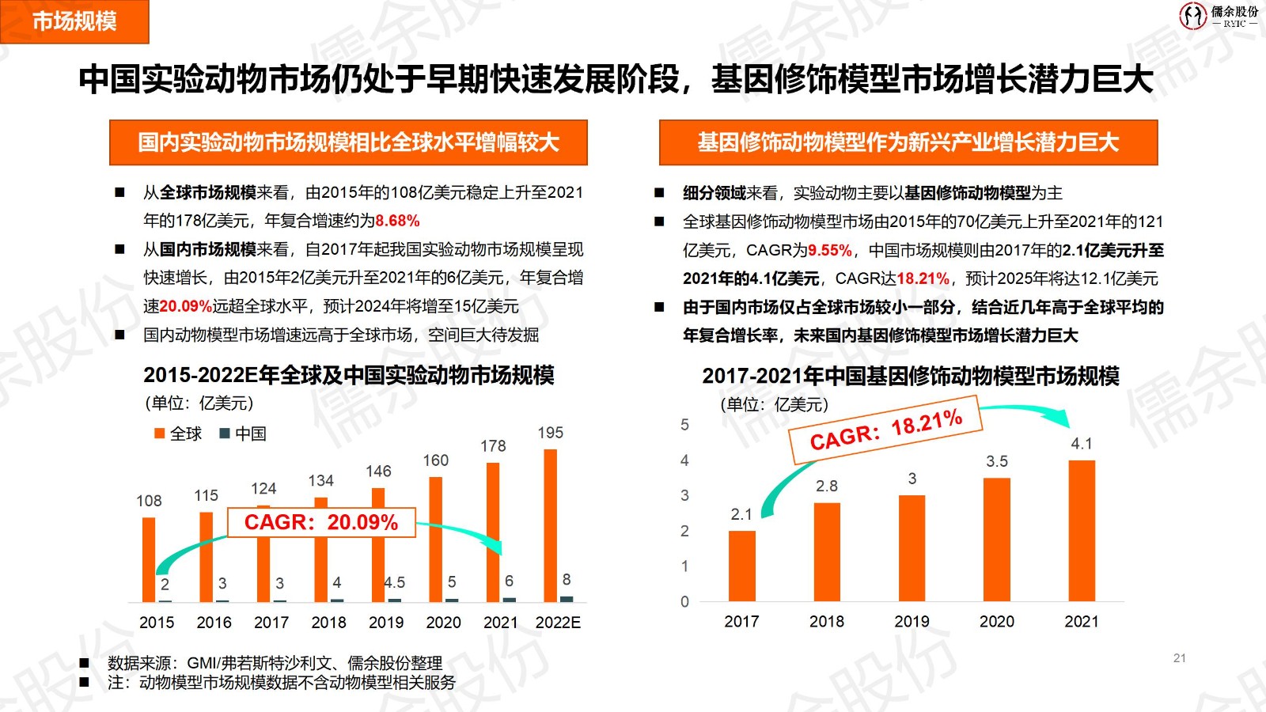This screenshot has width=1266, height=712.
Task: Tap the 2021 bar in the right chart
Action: coord(1082,530)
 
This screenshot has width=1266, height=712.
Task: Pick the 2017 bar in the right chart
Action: coord(741,566)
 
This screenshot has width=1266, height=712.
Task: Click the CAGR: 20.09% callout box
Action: coord(321,522)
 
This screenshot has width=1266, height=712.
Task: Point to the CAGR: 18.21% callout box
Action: coord(885,430)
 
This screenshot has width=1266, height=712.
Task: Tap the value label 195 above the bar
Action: coord(550,433)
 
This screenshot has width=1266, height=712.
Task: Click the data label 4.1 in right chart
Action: coord(1082,444)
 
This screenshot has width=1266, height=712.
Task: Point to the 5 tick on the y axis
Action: coord(684,425)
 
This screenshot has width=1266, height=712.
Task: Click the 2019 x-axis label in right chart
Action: coord(912,622)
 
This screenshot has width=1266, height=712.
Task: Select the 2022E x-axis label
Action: coord(558,623)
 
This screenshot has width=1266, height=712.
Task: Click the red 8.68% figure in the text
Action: coord(397,221)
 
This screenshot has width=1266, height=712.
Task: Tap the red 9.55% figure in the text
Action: coord(830,251)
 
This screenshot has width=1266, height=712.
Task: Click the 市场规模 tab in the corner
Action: coord(74,21)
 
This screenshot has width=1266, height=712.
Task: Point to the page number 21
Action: coord(1179,658)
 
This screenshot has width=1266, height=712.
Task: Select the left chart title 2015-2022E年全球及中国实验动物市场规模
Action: coord(349,375)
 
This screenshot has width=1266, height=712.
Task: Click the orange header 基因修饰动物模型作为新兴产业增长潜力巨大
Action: coord(908,142)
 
